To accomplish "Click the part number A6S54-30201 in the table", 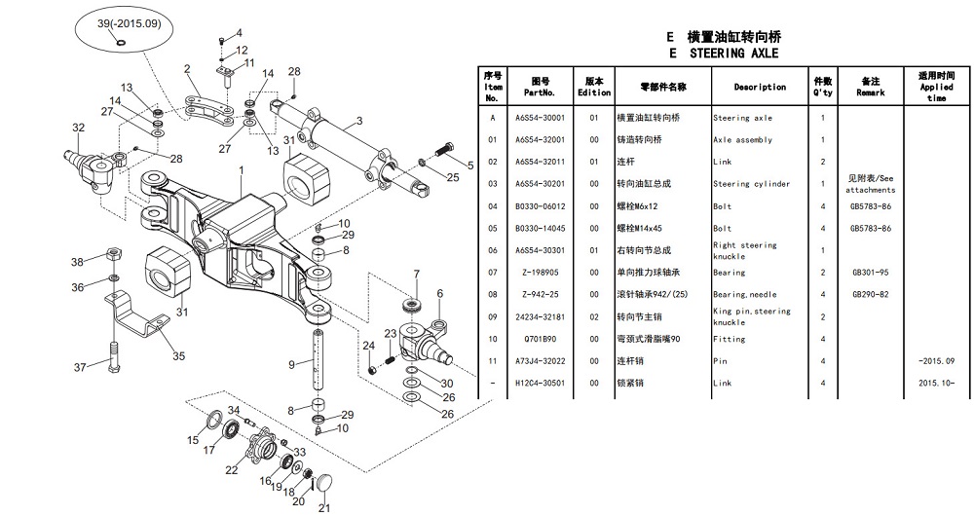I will coord(539,184).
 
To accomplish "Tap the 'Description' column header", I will coord(760,88).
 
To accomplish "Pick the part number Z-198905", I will coord(539,273).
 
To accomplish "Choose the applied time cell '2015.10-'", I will coord(936,384).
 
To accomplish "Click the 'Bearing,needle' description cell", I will coord(744,294).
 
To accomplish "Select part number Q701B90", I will coord(539,339).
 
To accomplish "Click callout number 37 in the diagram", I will coord(82,366).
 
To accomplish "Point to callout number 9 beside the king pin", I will coord(291,364).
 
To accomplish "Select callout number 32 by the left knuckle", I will coord(79,128).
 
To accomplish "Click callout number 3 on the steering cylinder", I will coord(358,121).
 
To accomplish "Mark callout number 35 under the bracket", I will coord(178,357).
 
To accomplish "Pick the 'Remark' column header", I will coord(870,88).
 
